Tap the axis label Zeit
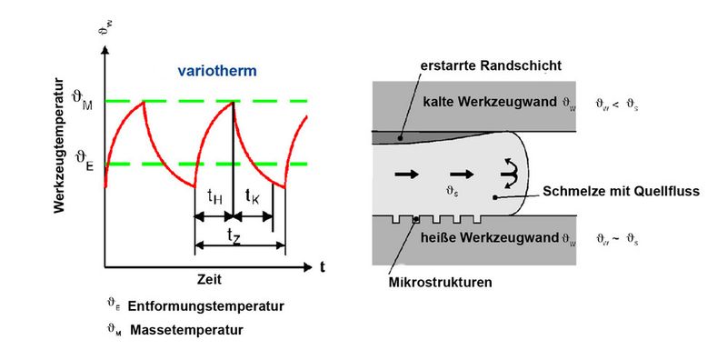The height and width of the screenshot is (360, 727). (x=210, y=278)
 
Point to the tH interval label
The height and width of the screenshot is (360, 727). (x=215, y=195)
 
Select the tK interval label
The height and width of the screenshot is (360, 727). (x=254, y=195)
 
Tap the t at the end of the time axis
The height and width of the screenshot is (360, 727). (x=322, y=266)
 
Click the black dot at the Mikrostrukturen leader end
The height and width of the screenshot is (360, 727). (x=416, y=220)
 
